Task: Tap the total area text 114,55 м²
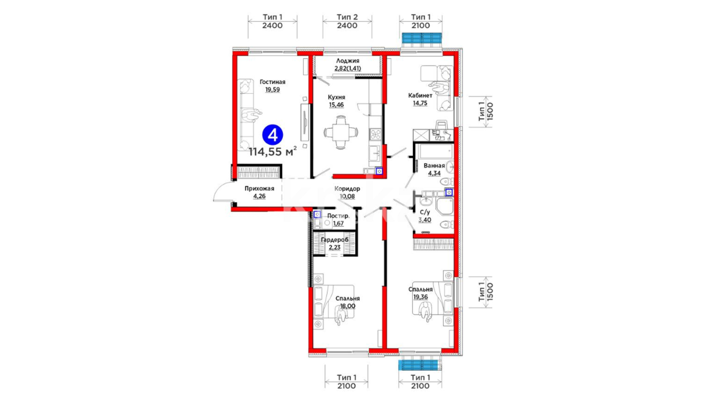point(273,151)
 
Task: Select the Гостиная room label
point(273,82)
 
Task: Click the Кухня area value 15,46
point(336,105)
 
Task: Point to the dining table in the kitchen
point(341,132)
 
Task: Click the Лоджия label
point(347,61)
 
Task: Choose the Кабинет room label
point(420,95)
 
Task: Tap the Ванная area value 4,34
point(434,173)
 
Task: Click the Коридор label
point(347,189)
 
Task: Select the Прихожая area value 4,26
point(259,196)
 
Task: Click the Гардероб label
point(334,240)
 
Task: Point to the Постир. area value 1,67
point(338,223)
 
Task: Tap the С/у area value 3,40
point(425,220)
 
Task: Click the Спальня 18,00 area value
point(348,306)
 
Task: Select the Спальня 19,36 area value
point(420,297)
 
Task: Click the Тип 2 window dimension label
point(347,17)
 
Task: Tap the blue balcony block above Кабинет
point(421,38)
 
